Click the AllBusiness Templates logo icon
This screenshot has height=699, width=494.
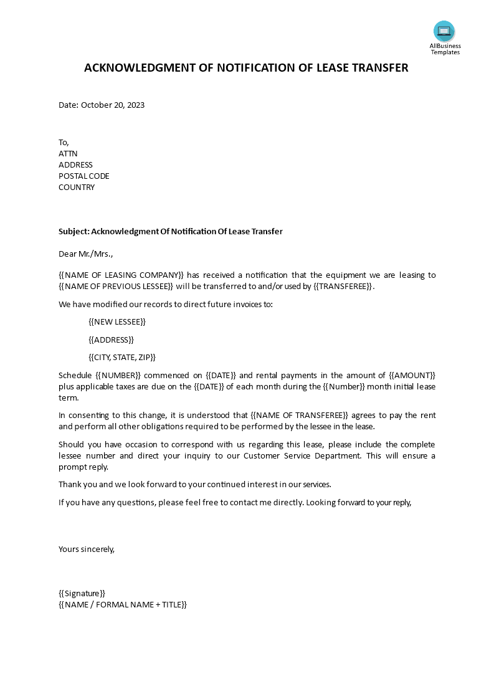444,31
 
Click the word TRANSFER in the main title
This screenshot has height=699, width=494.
377,68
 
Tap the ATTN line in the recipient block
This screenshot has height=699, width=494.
68,153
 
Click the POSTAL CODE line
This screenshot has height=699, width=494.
83,176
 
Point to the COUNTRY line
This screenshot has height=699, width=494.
77,187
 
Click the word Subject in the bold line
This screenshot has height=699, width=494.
73,231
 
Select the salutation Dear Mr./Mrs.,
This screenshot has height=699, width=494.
86,254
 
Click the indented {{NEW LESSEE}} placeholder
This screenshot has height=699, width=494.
117,321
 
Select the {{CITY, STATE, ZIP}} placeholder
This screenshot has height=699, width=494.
122,357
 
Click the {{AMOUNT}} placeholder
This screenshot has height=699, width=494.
412,375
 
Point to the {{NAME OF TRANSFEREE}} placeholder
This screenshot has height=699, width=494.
302,415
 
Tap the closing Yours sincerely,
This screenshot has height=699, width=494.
87,549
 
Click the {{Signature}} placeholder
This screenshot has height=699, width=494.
82,593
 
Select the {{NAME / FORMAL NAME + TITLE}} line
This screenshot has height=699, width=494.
122,604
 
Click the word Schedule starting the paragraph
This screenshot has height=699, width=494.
75,375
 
